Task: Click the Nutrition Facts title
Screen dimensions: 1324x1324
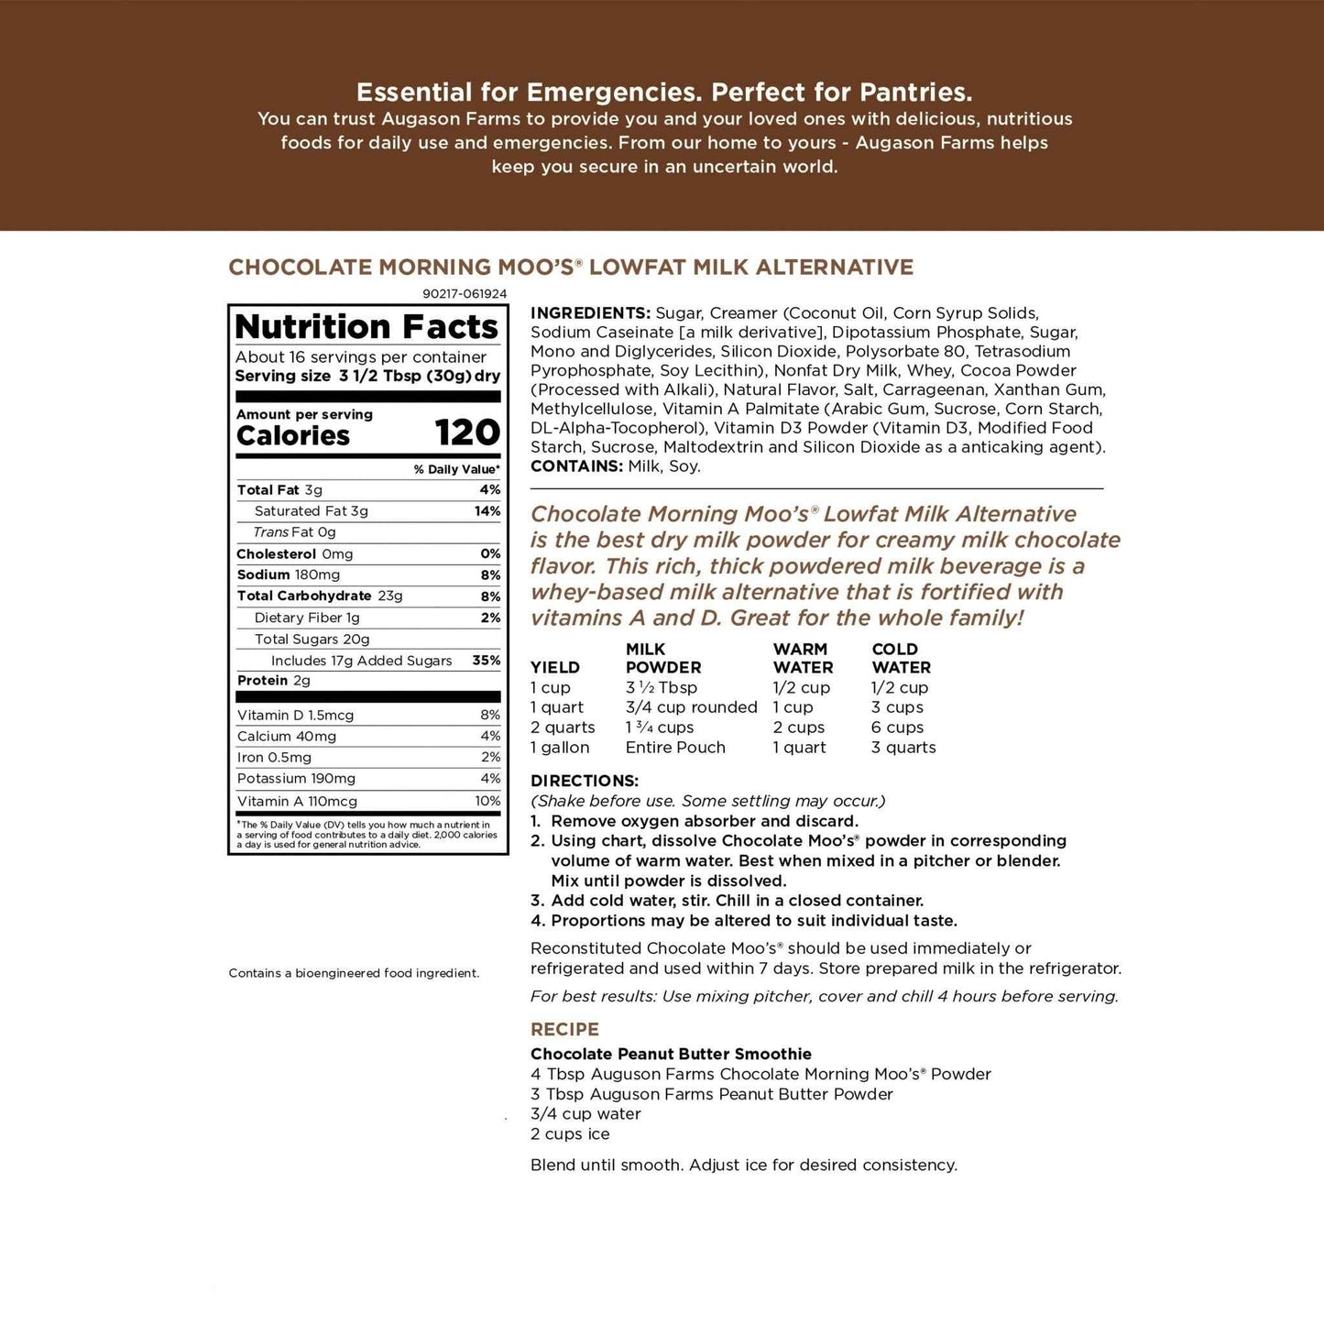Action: pos(367,327)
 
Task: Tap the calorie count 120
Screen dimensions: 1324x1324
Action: pos(467,433)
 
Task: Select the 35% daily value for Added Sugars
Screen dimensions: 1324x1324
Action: pos(487,661)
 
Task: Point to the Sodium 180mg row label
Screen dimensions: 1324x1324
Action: pos(289,575)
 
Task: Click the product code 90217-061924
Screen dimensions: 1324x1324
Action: pos(465,294)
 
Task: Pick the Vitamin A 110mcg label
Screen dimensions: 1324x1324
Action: pos(297,801)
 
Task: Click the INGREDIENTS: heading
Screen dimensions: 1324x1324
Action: pos(590,313)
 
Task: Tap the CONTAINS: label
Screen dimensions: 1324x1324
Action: pos(576,466)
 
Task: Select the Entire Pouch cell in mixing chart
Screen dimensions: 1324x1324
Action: pos(675,748)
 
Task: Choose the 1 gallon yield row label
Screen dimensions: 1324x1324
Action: pos(560,748)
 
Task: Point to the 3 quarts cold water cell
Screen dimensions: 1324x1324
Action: pos(903,748)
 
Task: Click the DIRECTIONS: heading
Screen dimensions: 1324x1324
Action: pos(585,781)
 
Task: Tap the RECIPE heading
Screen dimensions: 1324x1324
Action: pos(564,1029)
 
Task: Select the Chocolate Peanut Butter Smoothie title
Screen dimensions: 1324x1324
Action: pos(671,1054)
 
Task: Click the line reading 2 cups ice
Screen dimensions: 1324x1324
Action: pos(570,1134)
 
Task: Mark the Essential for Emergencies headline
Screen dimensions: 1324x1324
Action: pos(664,93)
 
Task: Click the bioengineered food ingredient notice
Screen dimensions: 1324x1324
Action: pos(354,973)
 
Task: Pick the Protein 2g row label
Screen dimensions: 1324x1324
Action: pos(274,681)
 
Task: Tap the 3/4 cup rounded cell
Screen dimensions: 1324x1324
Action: pos(691,707)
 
